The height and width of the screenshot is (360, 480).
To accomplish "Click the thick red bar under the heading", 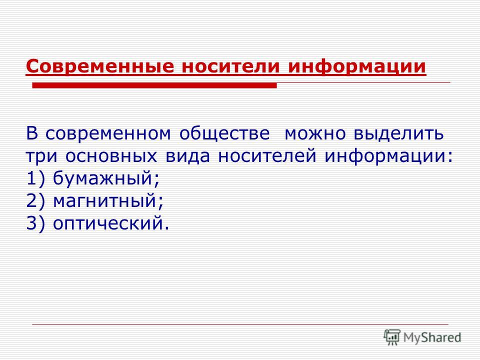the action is [x=154, y=85].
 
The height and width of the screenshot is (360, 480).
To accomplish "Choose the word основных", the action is [x=111, y=156].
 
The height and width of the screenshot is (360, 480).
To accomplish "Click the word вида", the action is [x=187, y=156].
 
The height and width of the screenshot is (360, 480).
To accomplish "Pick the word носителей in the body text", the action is [x=267, y=156].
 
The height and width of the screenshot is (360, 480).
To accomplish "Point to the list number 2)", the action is [x=36, y=201].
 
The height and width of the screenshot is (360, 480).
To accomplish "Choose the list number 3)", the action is [x=36, y=224].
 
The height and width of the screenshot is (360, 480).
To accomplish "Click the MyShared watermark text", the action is [x=432, y=337].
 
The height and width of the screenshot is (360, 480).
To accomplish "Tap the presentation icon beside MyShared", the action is [x=392, y=337].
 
